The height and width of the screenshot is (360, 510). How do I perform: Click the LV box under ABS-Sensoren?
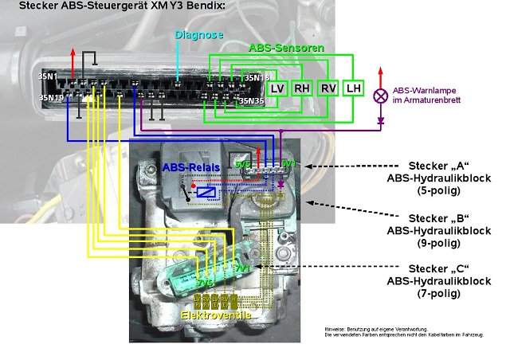277,88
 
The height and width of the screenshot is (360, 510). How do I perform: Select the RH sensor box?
302,88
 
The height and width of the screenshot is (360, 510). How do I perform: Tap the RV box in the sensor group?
328,88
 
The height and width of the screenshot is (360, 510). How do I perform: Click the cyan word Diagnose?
199,35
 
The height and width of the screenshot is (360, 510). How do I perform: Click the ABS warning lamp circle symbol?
380,96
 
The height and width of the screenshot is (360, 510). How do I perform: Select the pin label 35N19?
51,98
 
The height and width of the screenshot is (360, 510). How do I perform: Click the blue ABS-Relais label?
188,168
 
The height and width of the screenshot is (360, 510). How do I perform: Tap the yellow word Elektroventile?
216,316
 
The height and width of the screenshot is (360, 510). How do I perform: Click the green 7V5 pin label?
206,283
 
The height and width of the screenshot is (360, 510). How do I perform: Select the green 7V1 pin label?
241,269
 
